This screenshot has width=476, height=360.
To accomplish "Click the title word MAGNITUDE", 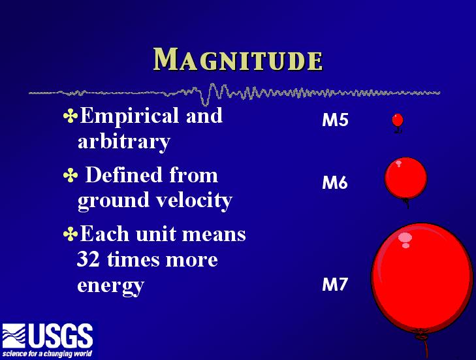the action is pos(238,59).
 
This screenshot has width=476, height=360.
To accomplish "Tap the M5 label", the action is pos(335,120).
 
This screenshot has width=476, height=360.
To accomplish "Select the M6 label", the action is pos(335,182).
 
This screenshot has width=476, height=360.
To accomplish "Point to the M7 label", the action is pos(334,284).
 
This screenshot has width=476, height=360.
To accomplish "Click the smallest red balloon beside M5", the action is pos(398,120).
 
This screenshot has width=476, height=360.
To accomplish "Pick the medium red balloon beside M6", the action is pos(405,178).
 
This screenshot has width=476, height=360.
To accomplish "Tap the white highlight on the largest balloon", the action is pos(405,239).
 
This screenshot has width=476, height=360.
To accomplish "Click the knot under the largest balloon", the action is pos(421,337).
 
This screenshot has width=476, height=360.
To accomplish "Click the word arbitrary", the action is pos(124,142).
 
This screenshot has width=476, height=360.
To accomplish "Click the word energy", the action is pos(110,286).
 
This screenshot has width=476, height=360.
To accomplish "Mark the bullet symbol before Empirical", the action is pos(71,116).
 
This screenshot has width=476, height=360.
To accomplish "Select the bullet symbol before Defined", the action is pos(71,176).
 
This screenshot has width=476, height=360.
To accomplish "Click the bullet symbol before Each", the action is pos(71,234).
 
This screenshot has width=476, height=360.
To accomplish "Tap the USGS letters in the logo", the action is pos(61,336).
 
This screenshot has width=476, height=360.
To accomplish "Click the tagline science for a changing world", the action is pos(47,353).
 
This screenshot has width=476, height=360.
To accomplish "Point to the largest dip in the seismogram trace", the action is pos(205,102).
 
